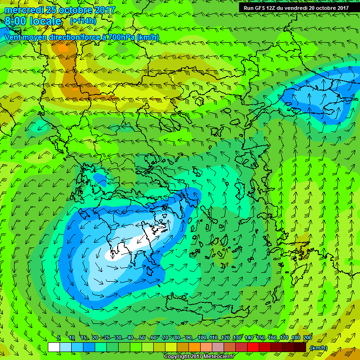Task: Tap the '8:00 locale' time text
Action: pos(33,22)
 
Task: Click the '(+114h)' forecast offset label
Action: pos(83,21)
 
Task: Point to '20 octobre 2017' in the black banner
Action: pos(329,7)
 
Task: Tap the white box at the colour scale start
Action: pos(54,347)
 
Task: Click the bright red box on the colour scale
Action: pos(253,347)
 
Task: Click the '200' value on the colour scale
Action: pos(307,337)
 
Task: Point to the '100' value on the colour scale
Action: pos(202,337)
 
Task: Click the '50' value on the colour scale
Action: pos(142,337)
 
